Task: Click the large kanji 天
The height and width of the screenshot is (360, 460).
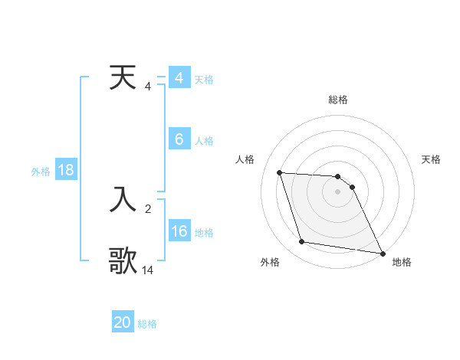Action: pyautogui.click(x=123, y=78)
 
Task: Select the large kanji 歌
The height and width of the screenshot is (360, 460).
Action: pyautogui.click(x=123, y=260)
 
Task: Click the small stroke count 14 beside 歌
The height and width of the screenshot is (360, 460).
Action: pyautogui.click(x=148, y=270)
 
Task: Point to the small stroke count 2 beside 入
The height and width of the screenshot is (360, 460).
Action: pyautogui.click(x=148, y=208)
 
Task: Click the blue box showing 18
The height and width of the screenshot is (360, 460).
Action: pyautogui.click(x=65, y=170)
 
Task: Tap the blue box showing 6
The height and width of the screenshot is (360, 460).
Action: pyautogui.click(x=179, y=139)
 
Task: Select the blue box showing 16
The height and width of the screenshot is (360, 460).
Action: pyautogui.click(x=179, y=231)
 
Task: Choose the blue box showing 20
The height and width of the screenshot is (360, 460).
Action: pyautogui.click(x=123, y=322)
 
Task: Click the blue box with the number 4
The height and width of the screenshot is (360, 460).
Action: pyautogui.click(x=179, y=78)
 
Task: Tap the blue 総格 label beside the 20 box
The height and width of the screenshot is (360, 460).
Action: pyautogui.click(x=147, y=324)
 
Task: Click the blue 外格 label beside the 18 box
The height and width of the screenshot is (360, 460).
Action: pyautogui.click(x=41, y=172)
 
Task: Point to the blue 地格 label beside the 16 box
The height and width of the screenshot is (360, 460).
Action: pyautogui.click(x=204, y=233)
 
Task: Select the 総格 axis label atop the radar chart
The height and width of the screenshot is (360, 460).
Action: pyautogui.click(x=338, y=100)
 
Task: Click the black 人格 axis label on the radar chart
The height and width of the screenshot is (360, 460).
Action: pyautogui.click(x=245, y=159)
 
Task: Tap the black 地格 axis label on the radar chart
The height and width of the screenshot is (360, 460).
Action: pyautogui.click(x=402, y=262)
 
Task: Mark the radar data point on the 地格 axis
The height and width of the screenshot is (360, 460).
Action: pyautogui.click(x=382, y=254)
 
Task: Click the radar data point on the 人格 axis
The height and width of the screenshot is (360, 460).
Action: pyautogui.click(x=279, y=172)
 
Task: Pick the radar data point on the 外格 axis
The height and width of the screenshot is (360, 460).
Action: pyautogui.click(x=302, y=242)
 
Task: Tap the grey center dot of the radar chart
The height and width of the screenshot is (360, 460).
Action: pyautogui.click(x=337, y=191)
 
